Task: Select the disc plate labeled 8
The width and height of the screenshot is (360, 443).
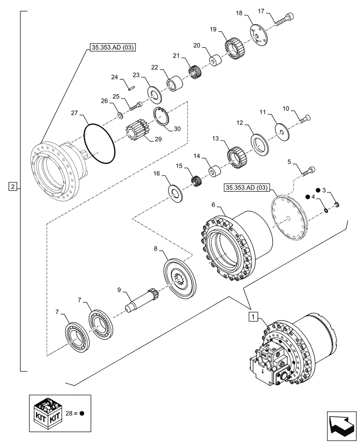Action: point(180,278)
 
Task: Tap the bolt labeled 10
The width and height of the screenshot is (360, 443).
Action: point(305,118)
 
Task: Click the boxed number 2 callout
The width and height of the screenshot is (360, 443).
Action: point(13,187)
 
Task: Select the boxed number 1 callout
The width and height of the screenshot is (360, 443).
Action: point(252,316)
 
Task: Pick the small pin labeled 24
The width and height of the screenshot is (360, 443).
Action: point(132,88)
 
